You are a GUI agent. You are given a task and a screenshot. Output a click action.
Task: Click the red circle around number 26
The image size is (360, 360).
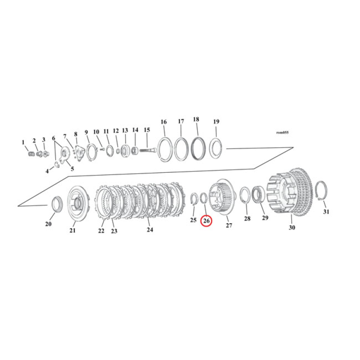[x=206, y=221]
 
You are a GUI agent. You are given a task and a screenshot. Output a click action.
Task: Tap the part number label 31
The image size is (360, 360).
[x=326, y=212]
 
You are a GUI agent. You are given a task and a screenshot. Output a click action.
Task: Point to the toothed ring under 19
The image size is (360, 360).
[x=216, y=148]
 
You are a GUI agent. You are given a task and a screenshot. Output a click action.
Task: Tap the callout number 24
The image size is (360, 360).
[x=150, y=229]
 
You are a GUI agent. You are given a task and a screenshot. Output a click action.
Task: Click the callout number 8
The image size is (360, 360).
[x=76, y=134]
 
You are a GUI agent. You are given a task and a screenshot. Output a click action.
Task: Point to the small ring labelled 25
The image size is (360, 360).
[x=194, y=199]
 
